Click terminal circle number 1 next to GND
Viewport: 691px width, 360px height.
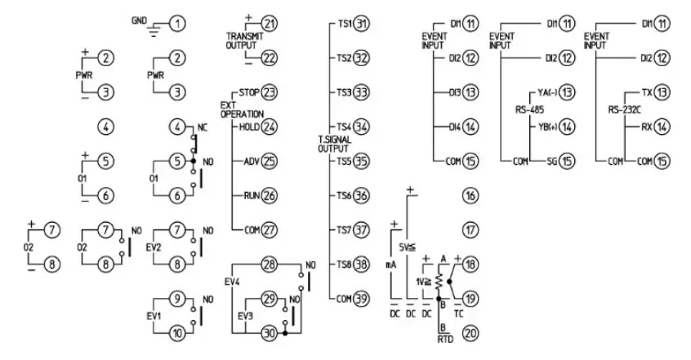[176, 24]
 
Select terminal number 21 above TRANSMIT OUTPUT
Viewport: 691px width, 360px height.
[270, 24]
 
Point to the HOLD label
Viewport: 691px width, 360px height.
[248, 127]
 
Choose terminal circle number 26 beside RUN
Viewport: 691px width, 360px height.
[270, 196]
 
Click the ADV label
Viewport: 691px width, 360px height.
[251, 162]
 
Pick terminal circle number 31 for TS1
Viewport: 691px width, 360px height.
[362, 24]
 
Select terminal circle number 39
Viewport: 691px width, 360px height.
[362, 299]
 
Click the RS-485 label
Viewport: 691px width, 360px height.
[529, 109]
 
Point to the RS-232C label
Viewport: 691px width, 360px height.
[626, 109]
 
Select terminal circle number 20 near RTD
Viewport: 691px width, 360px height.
[470, 333]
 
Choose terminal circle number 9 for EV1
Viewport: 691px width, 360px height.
[176, 299]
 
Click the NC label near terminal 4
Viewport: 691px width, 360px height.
[203, 127]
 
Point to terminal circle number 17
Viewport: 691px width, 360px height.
[470, 230]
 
